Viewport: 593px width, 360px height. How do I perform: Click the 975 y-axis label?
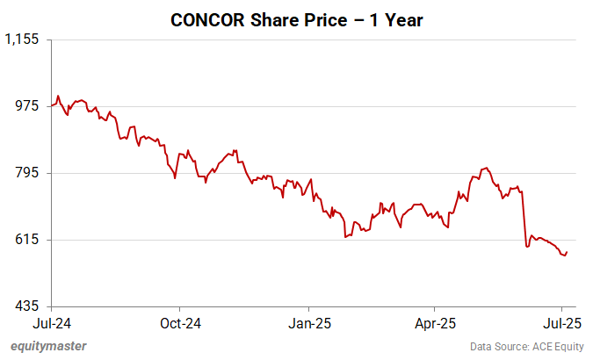(30, 106)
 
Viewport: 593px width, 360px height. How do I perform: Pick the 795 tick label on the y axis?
(30, 173)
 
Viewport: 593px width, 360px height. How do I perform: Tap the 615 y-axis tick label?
(30, 240)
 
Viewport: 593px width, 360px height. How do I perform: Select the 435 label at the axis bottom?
(30, 306)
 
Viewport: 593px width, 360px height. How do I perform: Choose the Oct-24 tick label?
(179, 322)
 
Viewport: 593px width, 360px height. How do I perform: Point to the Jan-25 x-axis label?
(309, 322)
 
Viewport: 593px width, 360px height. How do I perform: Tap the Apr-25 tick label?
(437, 322)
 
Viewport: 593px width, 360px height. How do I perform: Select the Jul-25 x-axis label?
(563, 322)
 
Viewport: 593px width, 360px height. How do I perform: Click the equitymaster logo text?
(48, 346)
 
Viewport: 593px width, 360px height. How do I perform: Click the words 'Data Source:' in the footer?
(492, 346)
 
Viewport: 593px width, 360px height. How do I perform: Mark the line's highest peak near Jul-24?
(58, 96)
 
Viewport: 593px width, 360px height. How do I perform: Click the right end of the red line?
(567, 252)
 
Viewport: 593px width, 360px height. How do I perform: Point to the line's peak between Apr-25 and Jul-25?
(485, 167)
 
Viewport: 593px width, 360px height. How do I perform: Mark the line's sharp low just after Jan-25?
(345, 237)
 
